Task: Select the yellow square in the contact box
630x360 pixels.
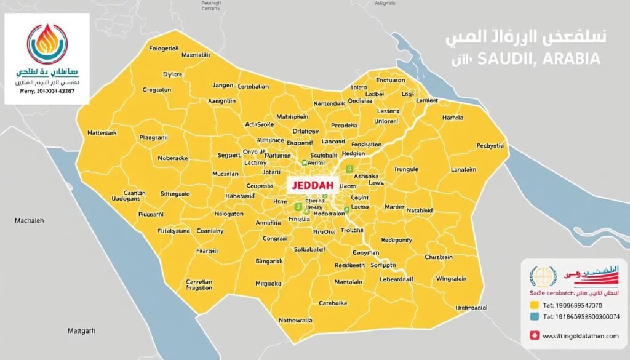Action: coord(533,304)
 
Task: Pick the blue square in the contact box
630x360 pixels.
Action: coord(533,318)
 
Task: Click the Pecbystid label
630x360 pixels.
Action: coord(490,146)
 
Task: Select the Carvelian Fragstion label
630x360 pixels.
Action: coord(199,285)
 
